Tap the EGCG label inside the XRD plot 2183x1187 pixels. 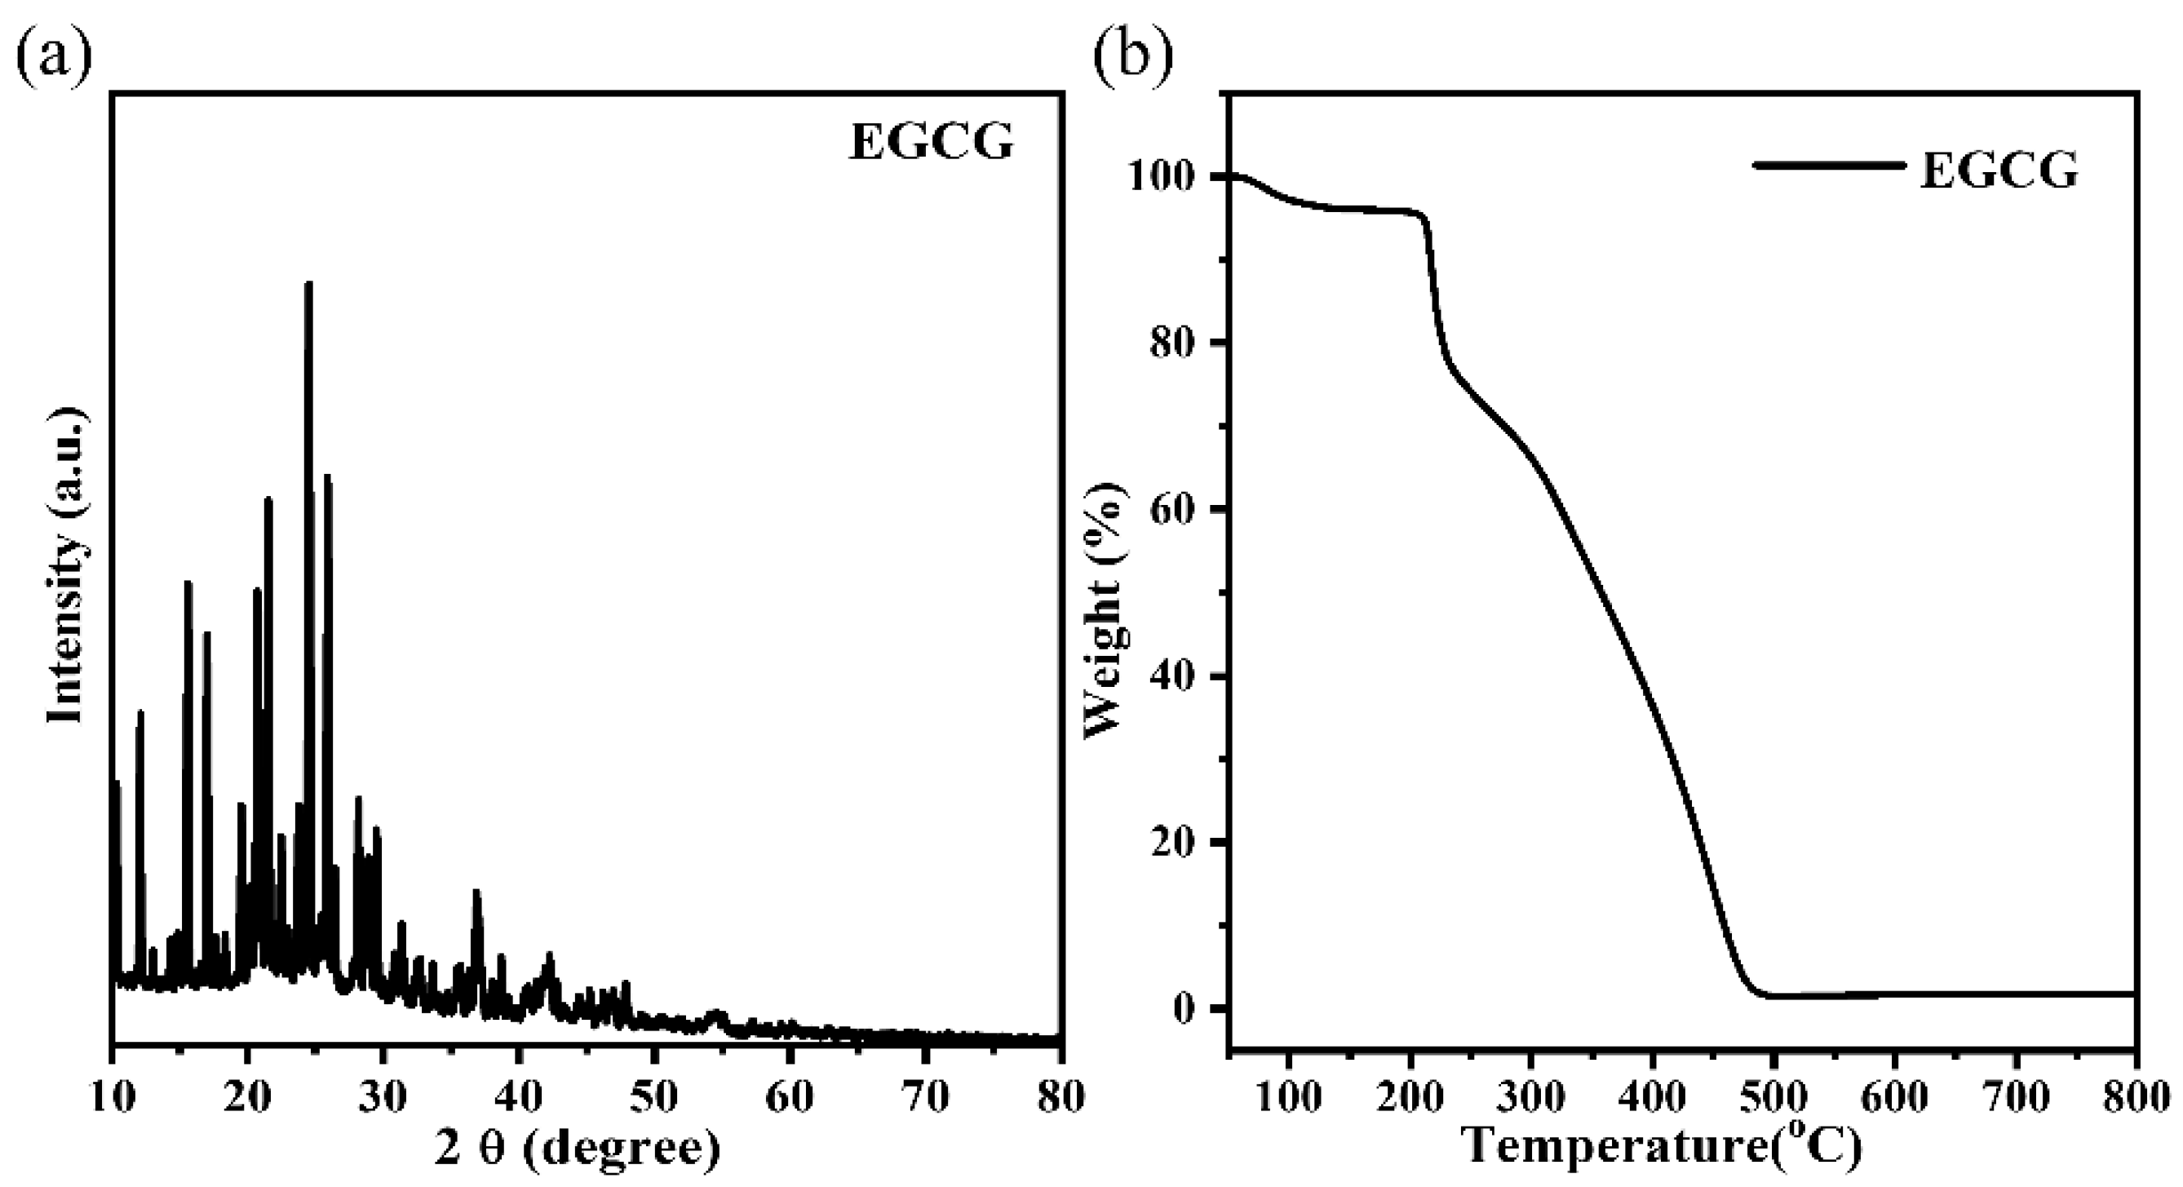point(932,141)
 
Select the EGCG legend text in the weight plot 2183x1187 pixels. point(1999,171)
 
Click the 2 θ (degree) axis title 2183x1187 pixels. point(578,1148)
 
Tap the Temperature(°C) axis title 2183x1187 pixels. point(1663,1145)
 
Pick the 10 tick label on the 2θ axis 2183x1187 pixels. point(113,1098)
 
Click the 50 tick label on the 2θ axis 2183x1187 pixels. point(655,1098)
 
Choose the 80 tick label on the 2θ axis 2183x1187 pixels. point(1061,1098)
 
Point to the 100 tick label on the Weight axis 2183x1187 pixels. point(1166,177)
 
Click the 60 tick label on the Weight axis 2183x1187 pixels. point(1179,510)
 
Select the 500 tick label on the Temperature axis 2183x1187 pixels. point(1773,1098)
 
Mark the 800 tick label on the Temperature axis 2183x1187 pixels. point(2137,1098)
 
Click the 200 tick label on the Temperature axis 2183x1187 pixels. point(1410,1098)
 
